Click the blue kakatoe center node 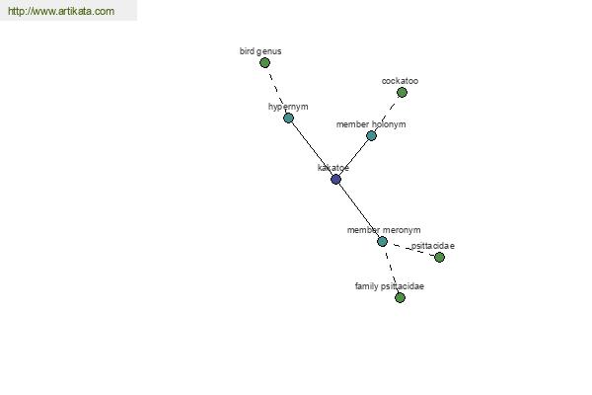(335, 179)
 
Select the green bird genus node (264, 63)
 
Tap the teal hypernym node (288, 118)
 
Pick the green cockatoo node (402, 92)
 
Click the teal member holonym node (371, 135)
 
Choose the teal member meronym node (382, 241)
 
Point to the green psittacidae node (439, 258)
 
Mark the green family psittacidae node (400, 298)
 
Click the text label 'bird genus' (260, 51)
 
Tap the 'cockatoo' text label (400, 81)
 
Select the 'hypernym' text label (288, 107)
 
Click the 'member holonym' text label (371, 124)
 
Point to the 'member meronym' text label (384, 230)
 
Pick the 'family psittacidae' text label (390, 286)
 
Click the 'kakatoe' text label (333, 168)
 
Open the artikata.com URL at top (61, 11)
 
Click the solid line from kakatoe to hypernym (312, 148)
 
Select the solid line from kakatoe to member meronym (359, 210)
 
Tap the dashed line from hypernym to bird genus (276, 91)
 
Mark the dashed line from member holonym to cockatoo (386, 115)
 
